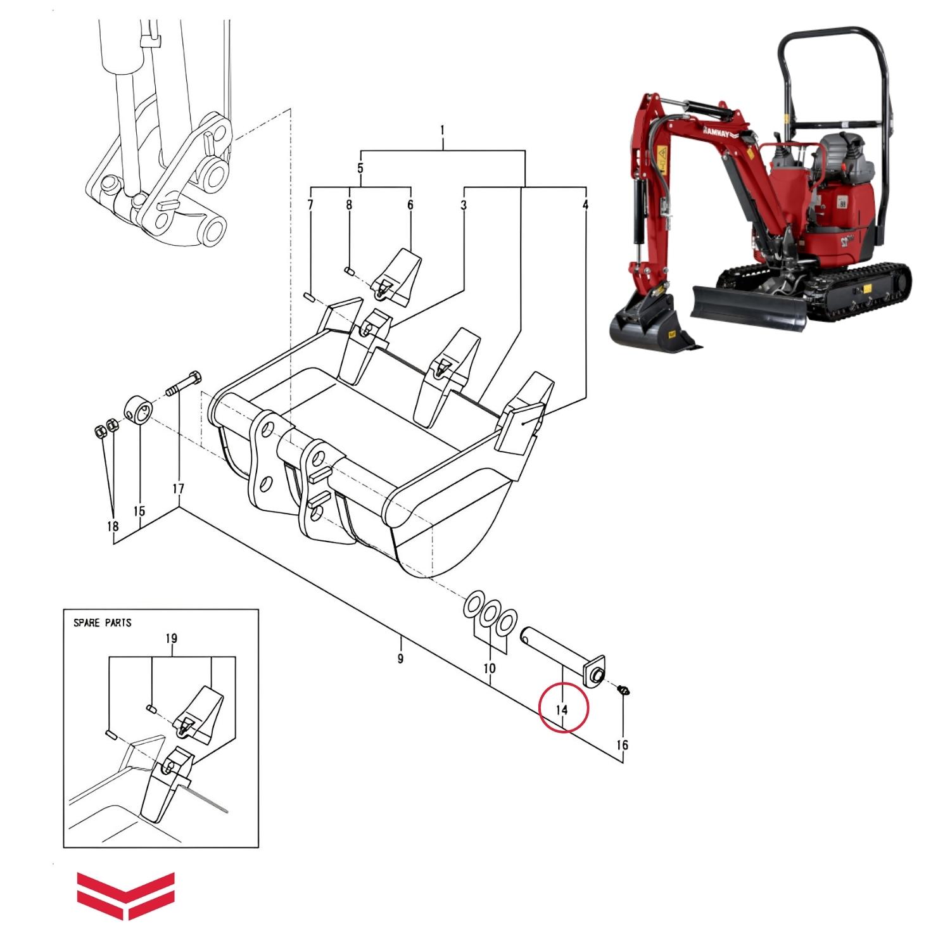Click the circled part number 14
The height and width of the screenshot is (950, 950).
coord(562,709)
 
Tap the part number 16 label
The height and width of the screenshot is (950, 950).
coord(622,745)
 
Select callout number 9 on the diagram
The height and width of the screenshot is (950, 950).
coord(400,659)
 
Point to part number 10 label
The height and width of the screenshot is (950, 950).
coord(489,668)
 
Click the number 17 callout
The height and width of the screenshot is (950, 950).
coord(178,489)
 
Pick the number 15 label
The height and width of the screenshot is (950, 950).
coord(139,511)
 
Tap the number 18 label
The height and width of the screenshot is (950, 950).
coord(113,526)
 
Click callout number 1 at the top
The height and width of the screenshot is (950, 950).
coord(442,130)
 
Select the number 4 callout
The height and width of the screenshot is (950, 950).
coord(586,205)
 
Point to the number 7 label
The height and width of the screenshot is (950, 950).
coord(310,205)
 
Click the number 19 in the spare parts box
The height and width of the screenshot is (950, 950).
coord(171,638)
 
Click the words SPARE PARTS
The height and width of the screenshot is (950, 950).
coord(103,623)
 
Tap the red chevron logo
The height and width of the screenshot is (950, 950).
coord(126,895)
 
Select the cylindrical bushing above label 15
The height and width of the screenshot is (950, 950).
coord(139,410)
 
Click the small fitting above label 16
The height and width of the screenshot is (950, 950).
coord(623,689)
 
